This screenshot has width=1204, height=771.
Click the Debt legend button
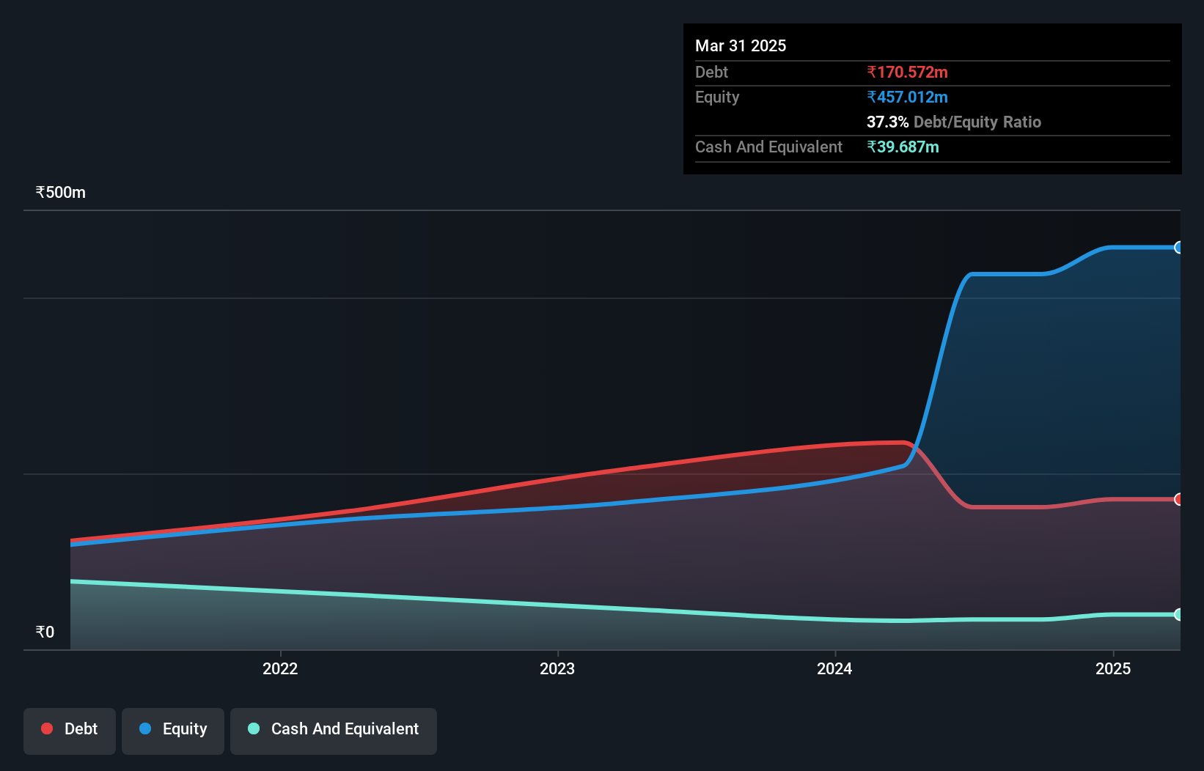(70, 731)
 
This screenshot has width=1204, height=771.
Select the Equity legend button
(173, 731)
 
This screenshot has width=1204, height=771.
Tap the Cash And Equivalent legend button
(334, 731)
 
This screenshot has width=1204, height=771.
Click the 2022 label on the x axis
(280, 668)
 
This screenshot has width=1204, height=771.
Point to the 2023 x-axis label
(557, 668)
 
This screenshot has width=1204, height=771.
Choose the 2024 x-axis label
(834, 668)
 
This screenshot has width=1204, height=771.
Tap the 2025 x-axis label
(1112, 668)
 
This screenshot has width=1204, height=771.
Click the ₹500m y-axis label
(61, 193)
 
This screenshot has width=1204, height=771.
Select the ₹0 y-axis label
(45, 632)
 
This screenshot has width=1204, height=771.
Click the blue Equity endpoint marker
(1178, 248)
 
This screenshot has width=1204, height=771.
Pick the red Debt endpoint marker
(1178, 499)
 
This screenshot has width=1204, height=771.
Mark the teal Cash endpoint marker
(1178, 614)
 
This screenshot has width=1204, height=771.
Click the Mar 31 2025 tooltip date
(741, 46)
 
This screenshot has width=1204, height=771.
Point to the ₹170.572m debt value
(907, 73)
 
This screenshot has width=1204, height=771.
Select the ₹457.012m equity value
(907, 97)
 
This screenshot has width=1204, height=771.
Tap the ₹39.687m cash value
(903, 147)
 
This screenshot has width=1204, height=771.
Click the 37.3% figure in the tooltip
(887, 122)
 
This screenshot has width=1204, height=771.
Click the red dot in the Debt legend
(47, 728)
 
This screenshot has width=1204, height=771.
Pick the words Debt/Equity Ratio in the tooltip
(977, 122)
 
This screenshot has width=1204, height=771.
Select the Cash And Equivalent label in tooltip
(768, 147)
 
